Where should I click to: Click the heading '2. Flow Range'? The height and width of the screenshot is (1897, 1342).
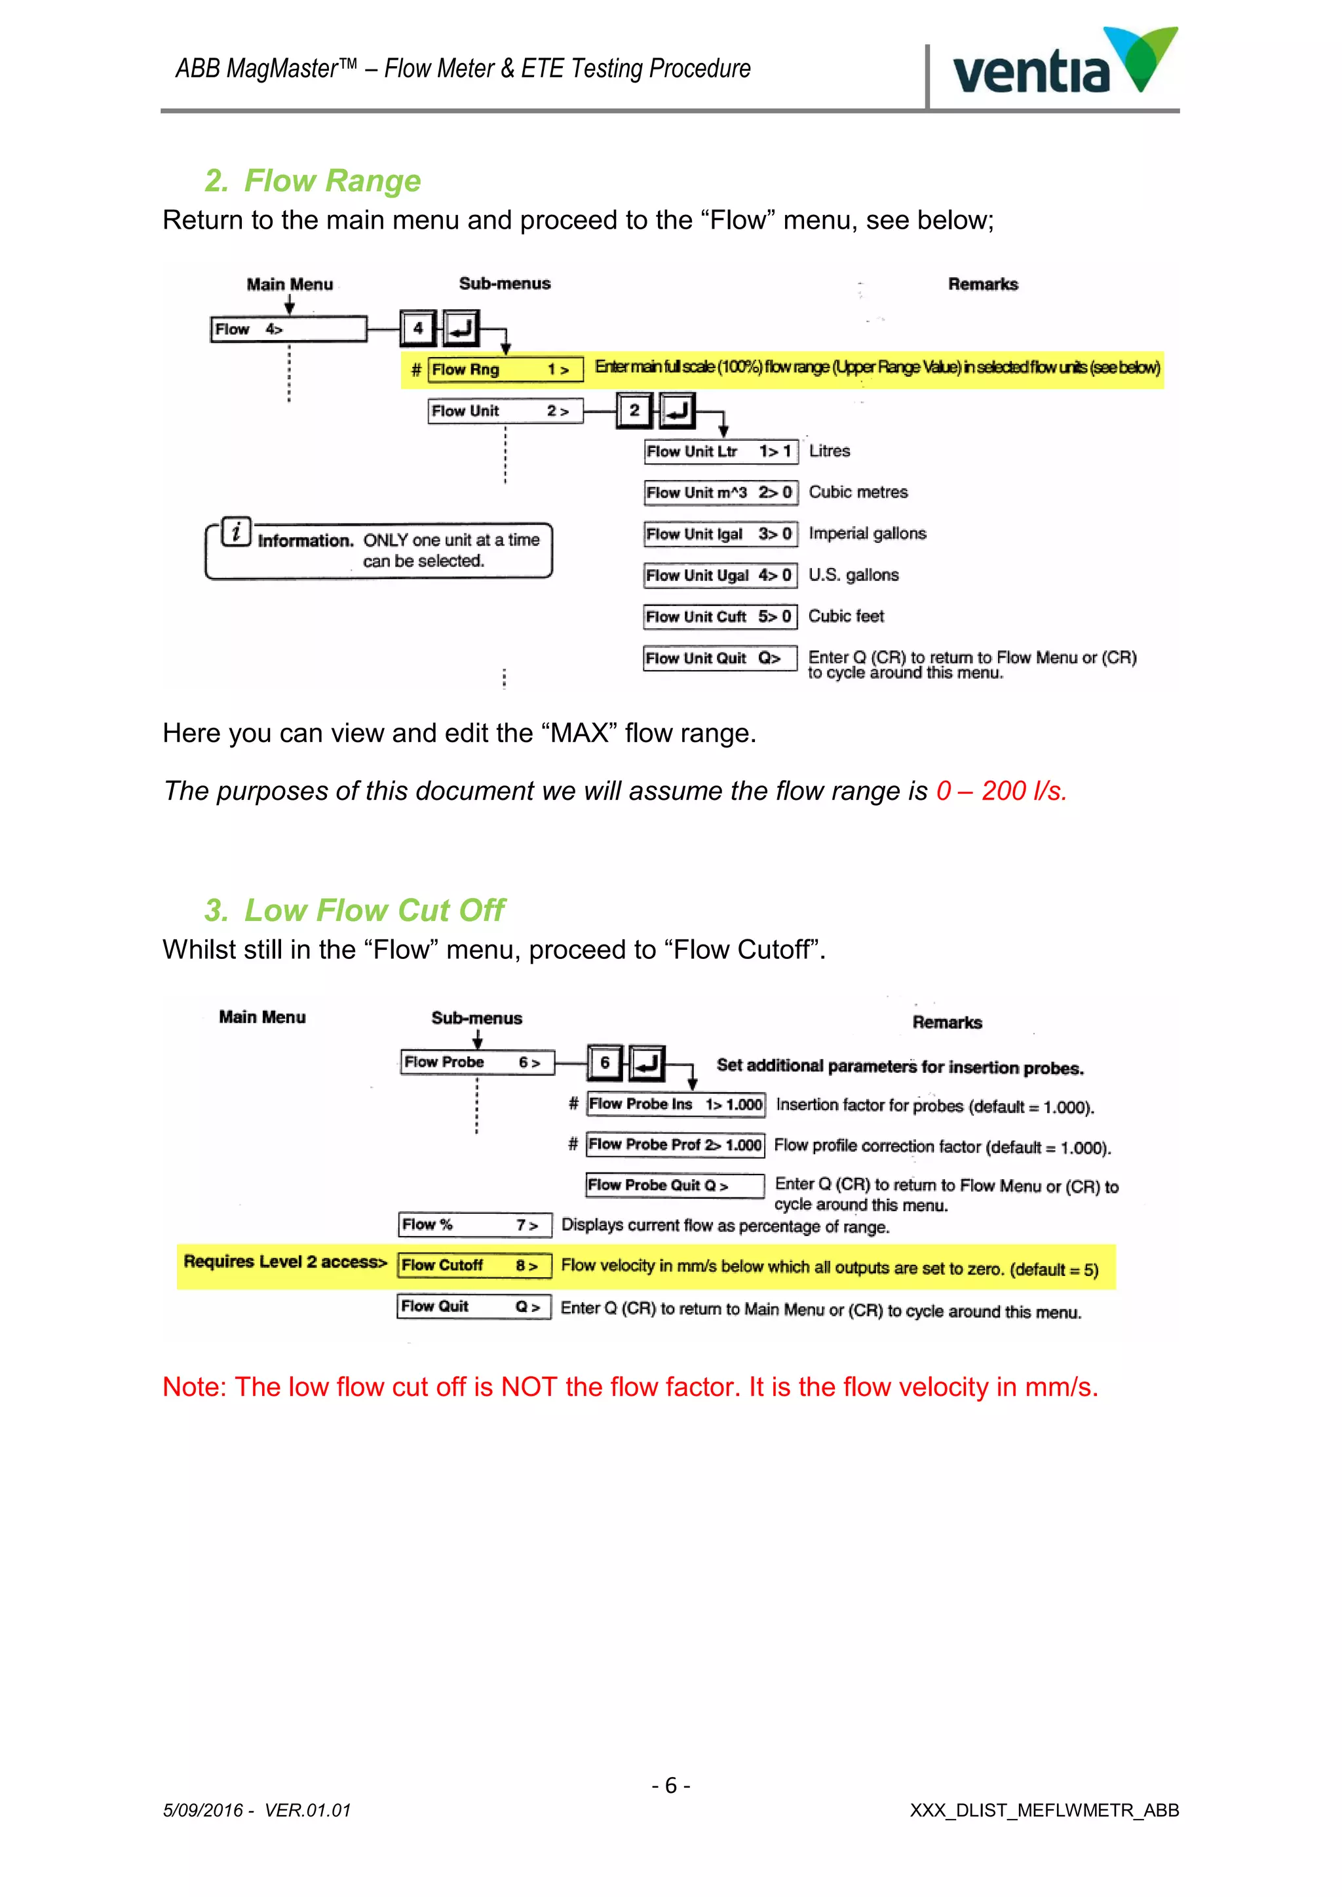(313, 180)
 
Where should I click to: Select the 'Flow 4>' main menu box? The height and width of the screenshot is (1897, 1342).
(288, 329)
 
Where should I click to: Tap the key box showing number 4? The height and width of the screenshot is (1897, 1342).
(418, 328)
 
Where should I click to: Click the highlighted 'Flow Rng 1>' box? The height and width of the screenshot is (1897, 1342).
(505, 369)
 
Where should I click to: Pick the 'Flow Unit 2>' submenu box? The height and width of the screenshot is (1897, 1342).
(505, 411)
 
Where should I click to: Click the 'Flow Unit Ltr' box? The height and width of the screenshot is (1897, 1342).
(721, 451)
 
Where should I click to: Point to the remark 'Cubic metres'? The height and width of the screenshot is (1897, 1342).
(858, 493)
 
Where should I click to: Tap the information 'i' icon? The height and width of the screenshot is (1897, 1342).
(237, 531)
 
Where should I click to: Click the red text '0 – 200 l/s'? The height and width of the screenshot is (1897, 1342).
(1001, 791)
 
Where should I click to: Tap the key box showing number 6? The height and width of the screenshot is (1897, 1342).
(605, 1062)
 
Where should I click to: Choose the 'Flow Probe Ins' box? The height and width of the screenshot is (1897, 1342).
(675, 1104)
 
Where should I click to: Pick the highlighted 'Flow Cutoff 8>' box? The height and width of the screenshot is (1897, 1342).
(474, 1266)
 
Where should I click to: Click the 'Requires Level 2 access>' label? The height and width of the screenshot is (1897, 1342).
(285, 1262)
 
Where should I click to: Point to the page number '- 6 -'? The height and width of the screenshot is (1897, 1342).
(670, 1786)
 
